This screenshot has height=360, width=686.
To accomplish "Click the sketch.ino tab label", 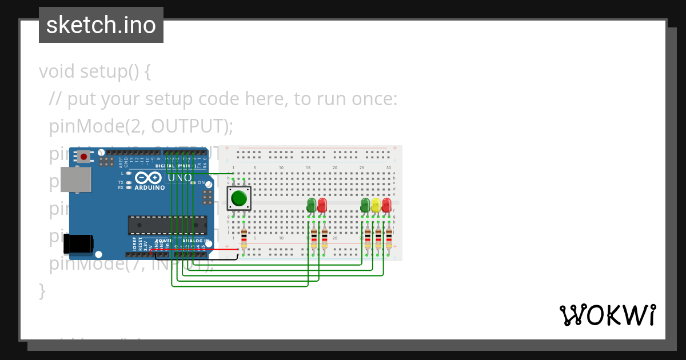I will (101, 25).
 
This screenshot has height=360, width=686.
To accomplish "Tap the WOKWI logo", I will (607, 315).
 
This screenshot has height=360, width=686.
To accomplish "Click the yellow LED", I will (376, 205).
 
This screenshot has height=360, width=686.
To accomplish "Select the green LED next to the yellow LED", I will (365, 205).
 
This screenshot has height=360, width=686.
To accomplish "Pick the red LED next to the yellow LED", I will (386, 205).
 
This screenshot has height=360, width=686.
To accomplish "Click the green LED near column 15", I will (312, 205).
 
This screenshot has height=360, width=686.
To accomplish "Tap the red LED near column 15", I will (322, 205).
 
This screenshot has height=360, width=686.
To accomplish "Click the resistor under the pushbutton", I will (244, 238).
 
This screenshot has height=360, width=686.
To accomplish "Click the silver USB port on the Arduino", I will (75, 179).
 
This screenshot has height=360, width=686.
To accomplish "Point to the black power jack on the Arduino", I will (78, 243).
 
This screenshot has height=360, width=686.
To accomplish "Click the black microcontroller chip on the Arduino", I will (167, 225).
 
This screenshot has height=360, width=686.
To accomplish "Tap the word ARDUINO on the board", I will (150, 187).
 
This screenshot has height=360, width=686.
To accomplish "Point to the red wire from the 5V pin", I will (194, 250).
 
